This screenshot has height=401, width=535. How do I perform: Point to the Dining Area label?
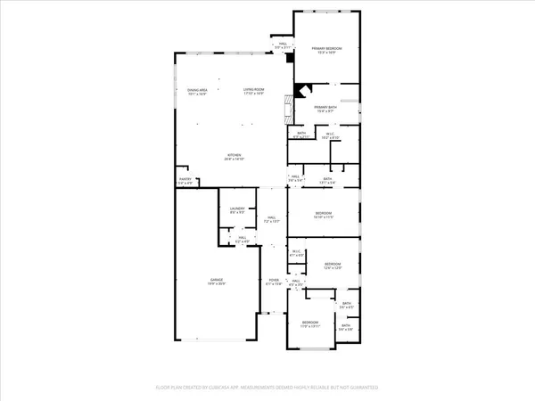pyautogui.click(x=197, y=91)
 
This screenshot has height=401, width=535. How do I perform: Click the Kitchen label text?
pyautogui.click(x=235, y=157)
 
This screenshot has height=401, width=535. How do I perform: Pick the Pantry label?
pyautogui.click(x=185, y=180)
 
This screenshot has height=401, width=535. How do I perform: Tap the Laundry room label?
pyautogui.click(x=236, y=210)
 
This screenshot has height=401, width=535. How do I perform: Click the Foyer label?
pyautogui.click(x=274, y=282)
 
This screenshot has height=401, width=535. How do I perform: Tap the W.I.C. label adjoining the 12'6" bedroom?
pyautogui.click(x=297, y=253)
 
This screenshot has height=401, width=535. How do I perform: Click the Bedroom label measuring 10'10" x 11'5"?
pyautogui.click(x=323, y=215)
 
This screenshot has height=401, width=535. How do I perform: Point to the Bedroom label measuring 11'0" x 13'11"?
pyautogui.click(x=309, y=323)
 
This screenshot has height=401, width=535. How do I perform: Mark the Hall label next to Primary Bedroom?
pyautogui.click(x=283, y=45)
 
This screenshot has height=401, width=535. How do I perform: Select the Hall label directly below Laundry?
pyautogui.click(x=241, y=239)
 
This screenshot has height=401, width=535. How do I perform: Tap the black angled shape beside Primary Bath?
pyautogui.click(x=303, y=89)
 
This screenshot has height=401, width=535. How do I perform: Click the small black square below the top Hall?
pyautogui.click(x=290, y=58)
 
